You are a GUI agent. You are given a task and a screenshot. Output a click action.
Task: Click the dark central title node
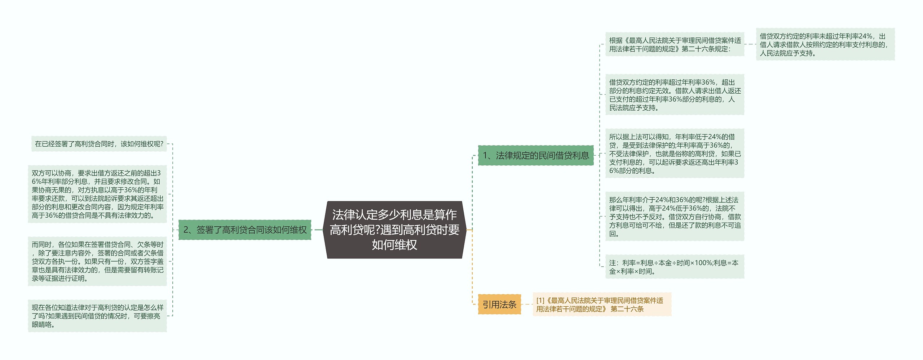(x=394, y=230)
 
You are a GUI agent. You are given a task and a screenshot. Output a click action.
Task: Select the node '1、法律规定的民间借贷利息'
(x=535, y=155)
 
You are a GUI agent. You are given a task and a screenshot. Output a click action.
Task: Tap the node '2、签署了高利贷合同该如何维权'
(x=245, y=230)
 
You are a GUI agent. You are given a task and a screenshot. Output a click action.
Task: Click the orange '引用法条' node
(x=499, y=305)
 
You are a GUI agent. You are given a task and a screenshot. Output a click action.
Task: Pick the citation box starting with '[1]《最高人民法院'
(x=602, y=305)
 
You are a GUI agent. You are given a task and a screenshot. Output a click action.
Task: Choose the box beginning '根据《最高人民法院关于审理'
(x=674, y=45)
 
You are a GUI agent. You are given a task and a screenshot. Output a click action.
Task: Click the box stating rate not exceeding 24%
(x=825, y=45)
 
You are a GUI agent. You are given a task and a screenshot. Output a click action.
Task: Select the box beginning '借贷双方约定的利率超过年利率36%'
(x=674, y=95)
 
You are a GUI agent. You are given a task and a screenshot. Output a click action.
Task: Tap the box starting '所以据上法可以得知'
(x=674, y=154)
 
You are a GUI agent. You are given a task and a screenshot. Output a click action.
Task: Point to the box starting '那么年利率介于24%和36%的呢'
(x=674, y=217)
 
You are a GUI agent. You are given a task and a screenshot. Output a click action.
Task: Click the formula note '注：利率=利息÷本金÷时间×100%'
(x=674, y=267)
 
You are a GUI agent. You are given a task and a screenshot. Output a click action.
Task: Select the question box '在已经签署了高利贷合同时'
(x=99, y=144)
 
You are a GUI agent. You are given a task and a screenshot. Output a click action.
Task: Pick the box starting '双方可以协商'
(x=97, y=194)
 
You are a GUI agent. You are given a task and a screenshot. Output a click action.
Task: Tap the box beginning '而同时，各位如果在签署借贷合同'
(x=97, y=261)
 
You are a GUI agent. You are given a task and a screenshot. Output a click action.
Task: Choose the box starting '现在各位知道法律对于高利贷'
(x=97, y=316)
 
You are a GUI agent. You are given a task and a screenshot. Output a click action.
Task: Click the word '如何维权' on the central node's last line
(x=394, y=245)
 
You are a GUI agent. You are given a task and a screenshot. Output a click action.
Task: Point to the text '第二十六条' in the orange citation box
(x=627, y=309)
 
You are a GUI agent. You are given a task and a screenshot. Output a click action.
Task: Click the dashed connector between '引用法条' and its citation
(x=527, y=305)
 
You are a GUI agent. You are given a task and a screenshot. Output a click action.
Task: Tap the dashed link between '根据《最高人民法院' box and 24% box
(x=750, y=44)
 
